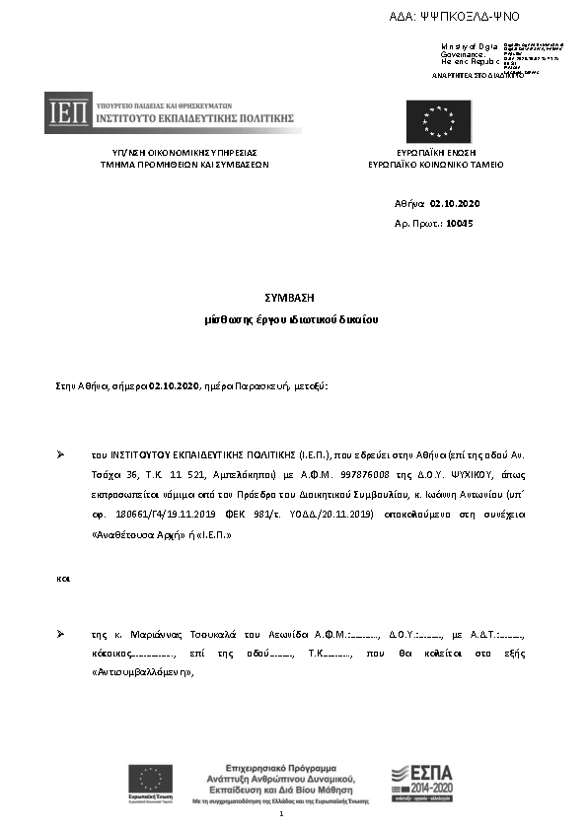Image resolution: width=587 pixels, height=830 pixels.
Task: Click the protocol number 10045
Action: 460,224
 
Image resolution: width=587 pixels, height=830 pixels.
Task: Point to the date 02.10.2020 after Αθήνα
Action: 455,204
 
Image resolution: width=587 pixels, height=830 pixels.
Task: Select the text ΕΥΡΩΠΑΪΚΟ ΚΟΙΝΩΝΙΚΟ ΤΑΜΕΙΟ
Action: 435,165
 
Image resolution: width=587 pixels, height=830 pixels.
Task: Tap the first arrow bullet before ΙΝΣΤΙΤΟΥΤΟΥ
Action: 61,454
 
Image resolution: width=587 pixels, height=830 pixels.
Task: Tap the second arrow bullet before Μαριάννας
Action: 61,633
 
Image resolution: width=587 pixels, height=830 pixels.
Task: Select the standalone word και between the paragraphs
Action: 63,579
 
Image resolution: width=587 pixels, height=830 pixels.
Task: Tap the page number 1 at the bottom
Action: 282,814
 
